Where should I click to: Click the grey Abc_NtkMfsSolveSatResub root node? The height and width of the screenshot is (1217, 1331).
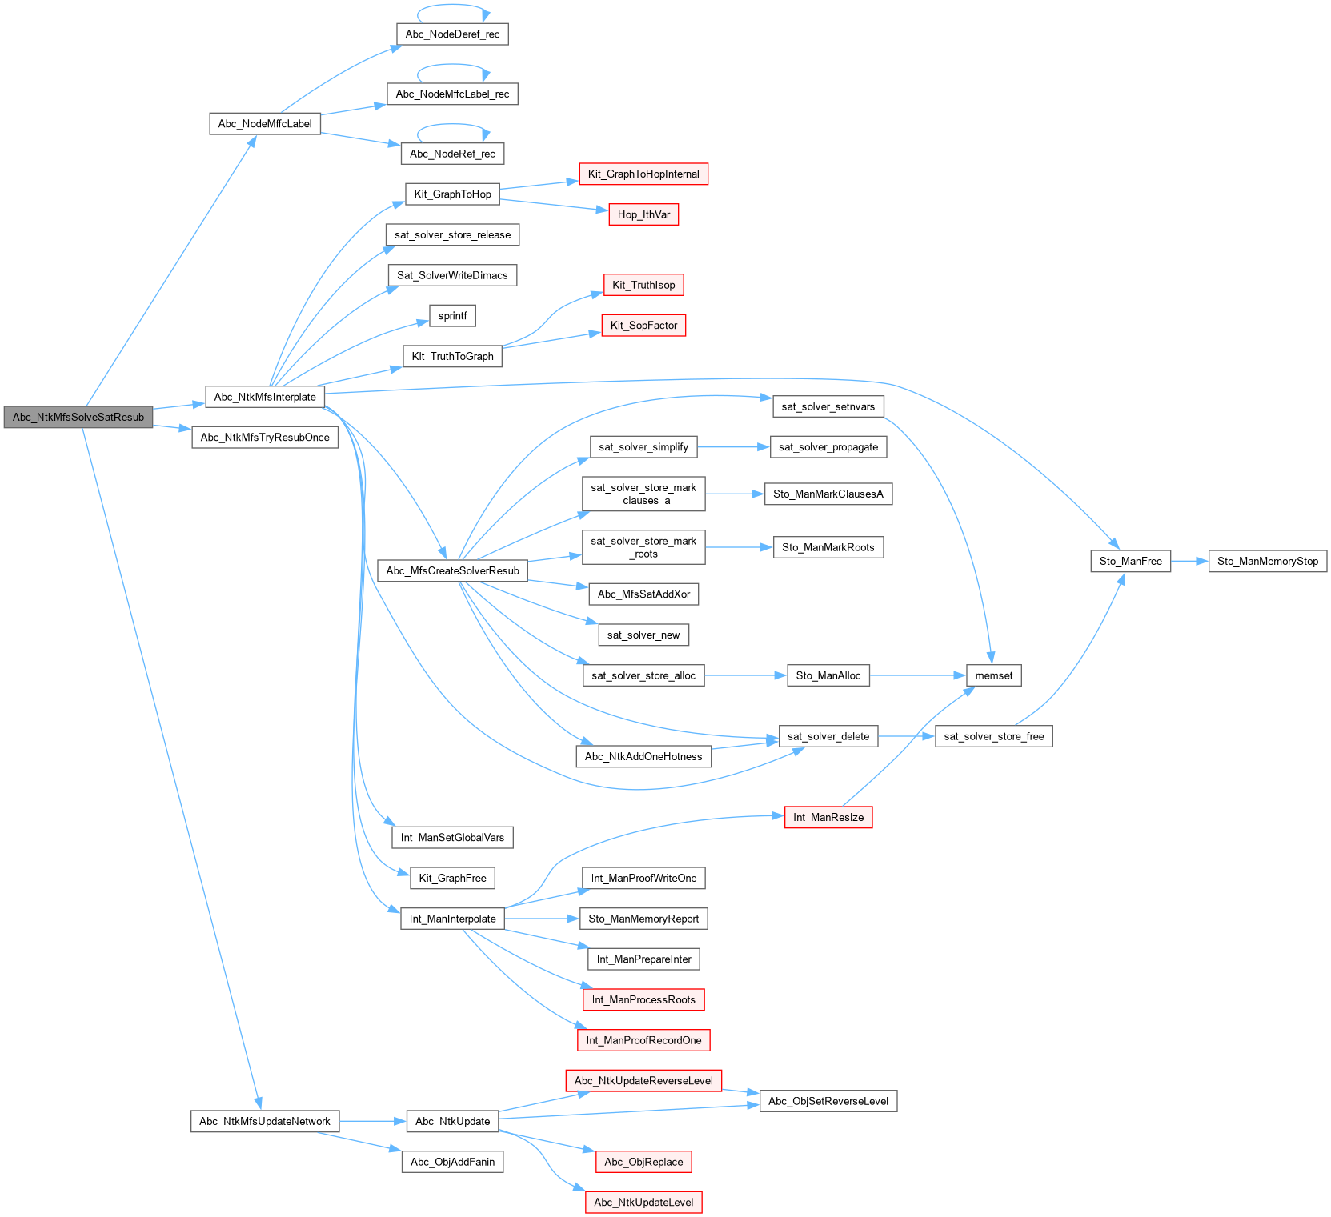pos(78,417)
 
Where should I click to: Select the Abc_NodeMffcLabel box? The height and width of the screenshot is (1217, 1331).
pos(265,123)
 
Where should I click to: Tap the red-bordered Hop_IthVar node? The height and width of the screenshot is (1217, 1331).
pos(643,214)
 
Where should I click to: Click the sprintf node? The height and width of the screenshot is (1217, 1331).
pos(452,315)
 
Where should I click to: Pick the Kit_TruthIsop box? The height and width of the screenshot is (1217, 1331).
pos(643,285)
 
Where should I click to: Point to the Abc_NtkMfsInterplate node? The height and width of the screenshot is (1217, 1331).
pos(265,397)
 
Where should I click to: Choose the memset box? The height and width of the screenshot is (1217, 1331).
pos(993,675)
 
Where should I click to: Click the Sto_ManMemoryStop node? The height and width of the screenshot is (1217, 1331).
pos(1267,561)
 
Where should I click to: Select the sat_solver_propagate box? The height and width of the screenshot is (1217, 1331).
pos(828,447)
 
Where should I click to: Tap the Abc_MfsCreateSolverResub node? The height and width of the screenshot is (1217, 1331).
pos(452,570)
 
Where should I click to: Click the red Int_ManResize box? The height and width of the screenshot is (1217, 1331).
pos(828,817)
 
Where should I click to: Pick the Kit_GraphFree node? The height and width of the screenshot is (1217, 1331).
pos(452,878)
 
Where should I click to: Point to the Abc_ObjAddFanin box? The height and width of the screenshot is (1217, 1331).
pos(452,1162)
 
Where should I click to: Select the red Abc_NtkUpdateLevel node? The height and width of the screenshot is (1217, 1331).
pos(643,1202)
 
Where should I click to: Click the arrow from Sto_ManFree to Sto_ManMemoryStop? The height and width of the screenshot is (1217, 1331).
pos(1189,561)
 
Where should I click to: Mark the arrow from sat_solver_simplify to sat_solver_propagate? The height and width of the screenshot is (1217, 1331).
pos(733,447)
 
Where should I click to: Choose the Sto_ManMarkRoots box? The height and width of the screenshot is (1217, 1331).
pos(828,547)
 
